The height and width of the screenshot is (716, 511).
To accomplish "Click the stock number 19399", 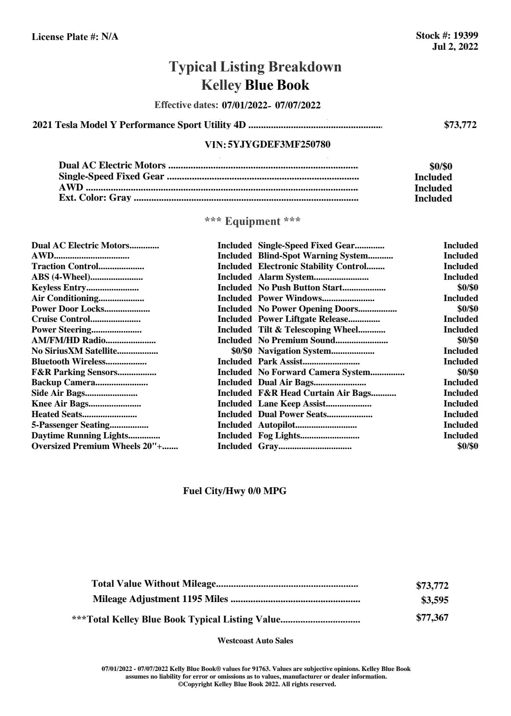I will (x=465, y=36).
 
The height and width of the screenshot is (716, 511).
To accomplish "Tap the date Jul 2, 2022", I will (x=455, y=47).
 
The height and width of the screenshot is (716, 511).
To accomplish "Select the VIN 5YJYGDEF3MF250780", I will (x=279, y=145).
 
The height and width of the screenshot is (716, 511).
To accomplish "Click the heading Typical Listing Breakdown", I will (x=255, y=67).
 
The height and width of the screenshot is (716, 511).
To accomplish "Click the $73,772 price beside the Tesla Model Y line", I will (x=460, y=125).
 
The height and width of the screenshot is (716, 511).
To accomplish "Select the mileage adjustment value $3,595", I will (x=434, y=600).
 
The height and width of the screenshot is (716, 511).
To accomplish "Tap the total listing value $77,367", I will (x=432, y=618).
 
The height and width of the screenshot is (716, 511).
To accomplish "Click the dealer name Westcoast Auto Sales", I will (x=255, y=641).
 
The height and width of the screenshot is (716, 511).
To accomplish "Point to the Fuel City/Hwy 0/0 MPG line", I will (x=235, y=491).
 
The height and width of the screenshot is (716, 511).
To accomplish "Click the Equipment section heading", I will (x=253, y=222).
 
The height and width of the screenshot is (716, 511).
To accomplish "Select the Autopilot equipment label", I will (x=277, y=425).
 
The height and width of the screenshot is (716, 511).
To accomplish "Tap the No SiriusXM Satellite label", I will (x=74, y=351).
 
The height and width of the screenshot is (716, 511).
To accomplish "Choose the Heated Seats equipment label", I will (x=57, y=415).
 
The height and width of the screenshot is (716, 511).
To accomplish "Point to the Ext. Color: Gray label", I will (x=95, y=198).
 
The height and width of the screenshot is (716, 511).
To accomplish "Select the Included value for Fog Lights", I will (x=460, y=436).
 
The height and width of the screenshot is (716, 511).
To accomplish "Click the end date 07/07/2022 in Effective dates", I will (x=298, y=105).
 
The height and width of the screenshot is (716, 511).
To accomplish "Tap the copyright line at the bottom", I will (x=257, y=685).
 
